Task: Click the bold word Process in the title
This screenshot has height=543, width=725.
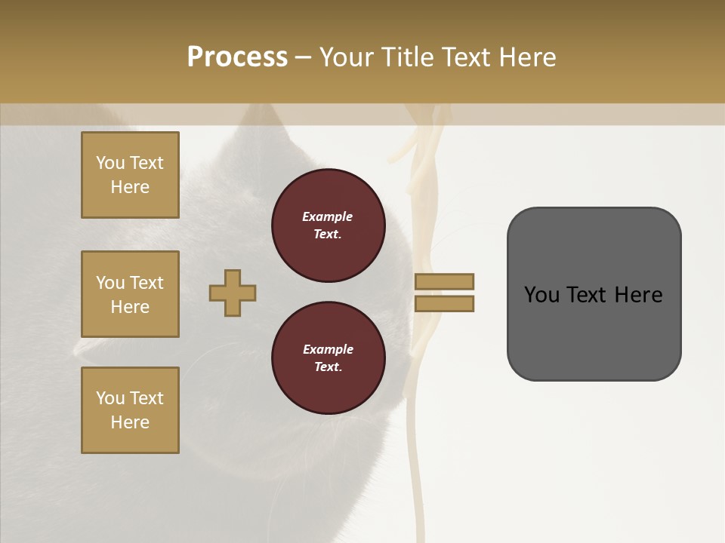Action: (x=237, y=57)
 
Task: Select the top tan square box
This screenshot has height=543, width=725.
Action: (x=130, y=175)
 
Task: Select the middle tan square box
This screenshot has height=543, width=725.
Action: (x=130, y=294)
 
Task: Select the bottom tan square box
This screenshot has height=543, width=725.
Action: (x=130, y=410)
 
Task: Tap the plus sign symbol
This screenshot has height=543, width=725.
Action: (x=233, y=293)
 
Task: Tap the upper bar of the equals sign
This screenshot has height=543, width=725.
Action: (x=444, y=281)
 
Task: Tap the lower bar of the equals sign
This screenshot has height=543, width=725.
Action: (x=444, y=304)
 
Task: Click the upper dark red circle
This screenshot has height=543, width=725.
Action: (x=328, y=225)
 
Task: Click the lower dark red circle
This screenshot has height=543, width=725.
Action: (x=328, y=357)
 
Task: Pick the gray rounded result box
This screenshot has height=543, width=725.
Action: (x=594, y=294)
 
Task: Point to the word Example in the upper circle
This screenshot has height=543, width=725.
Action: (x=328, y=216)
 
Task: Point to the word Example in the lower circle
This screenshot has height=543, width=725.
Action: (x=328, y=349)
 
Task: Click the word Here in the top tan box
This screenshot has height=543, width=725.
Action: (x=130, y=187)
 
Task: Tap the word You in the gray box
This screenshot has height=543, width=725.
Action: (x=541, y=295)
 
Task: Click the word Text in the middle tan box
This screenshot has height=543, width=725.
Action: (x=147, y=283)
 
